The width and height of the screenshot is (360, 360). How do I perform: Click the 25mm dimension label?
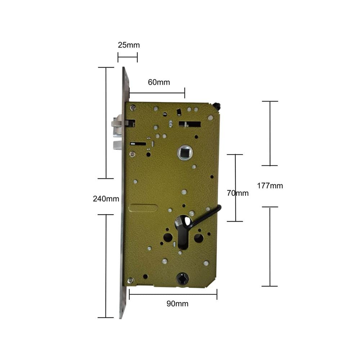(129, 45)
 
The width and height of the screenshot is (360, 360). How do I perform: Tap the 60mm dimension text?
(159, 82)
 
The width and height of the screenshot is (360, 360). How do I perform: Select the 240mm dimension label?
(106, 199)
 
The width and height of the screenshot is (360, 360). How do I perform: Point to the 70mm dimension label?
(238, 193)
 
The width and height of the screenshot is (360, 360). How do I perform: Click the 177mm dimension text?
(270, 185)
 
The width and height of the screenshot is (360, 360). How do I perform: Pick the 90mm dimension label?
(177, 303)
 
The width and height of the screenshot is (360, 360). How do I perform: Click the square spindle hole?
(185, 152)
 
